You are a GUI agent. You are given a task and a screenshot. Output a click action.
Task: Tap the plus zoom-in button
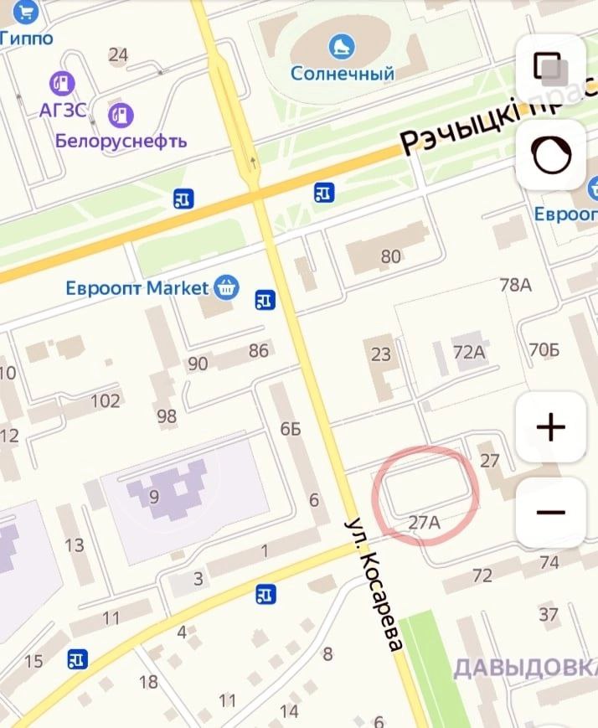coord(550,428)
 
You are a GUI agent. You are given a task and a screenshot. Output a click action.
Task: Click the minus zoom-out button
coord(550,512)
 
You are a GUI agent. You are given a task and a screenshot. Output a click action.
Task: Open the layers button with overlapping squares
coord(550,68)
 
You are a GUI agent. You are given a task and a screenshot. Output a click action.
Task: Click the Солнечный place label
coord(342,74)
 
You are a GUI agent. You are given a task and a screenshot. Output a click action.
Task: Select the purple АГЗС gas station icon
coord(62,83)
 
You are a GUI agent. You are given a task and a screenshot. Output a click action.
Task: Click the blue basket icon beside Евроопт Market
coord(225,288)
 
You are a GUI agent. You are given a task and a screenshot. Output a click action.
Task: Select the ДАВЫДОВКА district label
coord(524,668)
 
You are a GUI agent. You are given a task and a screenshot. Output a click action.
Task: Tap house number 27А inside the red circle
coord(425,522)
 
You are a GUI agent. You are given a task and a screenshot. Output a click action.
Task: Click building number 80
coord(390,256)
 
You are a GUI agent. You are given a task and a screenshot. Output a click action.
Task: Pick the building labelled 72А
coord(469,353)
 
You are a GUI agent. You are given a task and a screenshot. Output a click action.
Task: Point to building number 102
coord(106,400)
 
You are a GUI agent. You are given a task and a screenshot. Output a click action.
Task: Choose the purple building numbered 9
coord(153,497)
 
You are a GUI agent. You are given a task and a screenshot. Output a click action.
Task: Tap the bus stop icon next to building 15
coord(78,659)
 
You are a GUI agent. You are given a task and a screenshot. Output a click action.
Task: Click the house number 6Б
coord(290,430)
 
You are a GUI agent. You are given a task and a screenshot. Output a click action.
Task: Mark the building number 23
coord(381,354)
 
